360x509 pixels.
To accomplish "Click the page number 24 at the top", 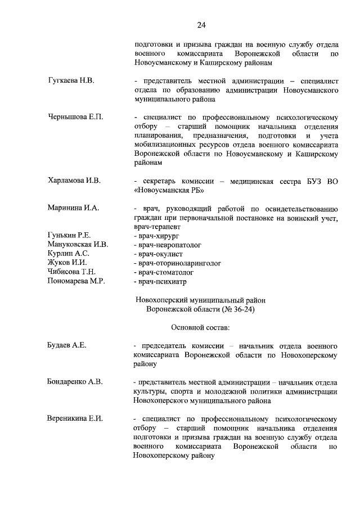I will [x=201, y=25].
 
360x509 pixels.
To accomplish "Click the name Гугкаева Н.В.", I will [x=71, y=81].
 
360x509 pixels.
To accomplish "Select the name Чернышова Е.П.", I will [x=76, y=118].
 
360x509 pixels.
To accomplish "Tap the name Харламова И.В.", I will [x=74, y=181].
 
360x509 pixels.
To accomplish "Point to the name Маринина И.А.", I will [x=73, y=208].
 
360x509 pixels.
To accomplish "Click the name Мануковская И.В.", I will [x=78, y=245].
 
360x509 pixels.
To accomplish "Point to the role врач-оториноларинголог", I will [x=177, y=263].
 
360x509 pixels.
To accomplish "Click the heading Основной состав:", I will [x=200, y=327].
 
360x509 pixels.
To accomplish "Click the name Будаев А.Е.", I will [x=67, y=345].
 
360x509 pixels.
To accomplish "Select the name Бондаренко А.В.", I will [x=75, y=382].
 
